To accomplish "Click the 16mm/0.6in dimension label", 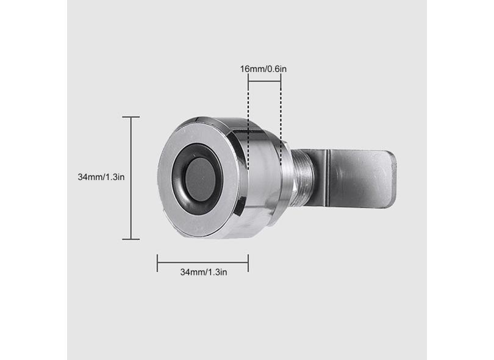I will (263, 69).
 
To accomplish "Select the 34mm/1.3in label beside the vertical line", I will (101, 177).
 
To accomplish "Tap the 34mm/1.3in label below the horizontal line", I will (203, 272).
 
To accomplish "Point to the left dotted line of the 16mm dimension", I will (248, 122).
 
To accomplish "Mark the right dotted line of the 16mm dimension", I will (281, 122).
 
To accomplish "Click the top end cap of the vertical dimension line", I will (131, 117).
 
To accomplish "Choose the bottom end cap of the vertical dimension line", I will (131, 239).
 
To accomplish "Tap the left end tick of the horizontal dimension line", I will (157, 263).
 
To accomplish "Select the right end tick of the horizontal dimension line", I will (248, 263).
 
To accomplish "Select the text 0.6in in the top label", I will (277, 69).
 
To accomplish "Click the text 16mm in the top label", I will (251, 69).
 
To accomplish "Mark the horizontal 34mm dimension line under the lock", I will (202, 263).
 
